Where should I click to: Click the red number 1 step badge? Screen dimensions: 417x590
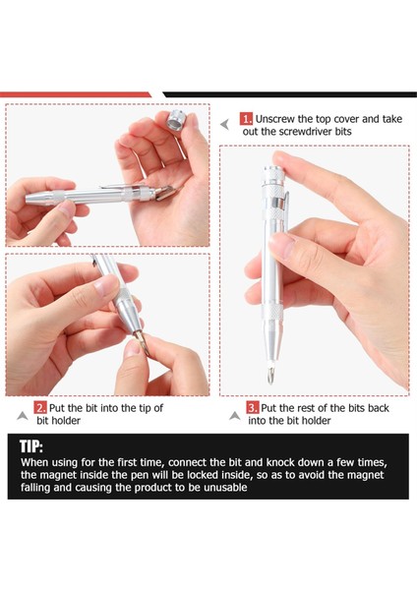(x=246, y=119)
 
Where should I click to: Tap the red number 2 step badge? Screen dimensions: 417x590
(x=40, y=407)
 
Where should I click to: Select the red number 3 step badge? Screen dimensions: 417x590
(x=253, y=407)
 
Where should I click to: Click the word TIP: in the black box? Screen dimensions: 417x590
(x=31, y=446)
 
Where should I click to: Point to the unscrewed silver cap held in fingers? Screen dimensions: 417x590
(x=175, y=120)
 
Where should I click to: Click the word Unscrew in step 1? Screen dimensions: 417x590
(x=275, y=119)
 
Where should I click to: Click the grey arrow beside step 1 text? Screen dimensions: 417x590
(x=224, y=124)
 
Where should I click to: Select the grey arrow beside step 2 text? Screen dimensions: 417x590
(x=23, y=416)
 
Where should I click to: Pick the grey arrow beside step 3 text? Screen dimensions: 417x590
(x=235, y=416)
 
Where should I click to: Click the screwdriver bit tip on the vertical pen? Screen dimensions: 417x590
(x=270, y=376)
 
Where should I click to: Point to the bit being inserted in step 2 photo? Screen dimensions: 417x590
(x=143, y=342)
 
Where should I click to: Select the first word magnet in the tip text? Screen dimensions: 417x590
(x=56, y=475)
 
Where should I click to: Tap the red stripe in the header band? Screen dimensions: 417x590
(x=76, y=94)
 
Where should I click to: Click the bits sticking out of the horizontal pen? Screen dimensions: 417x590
(x=164, y=193)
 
